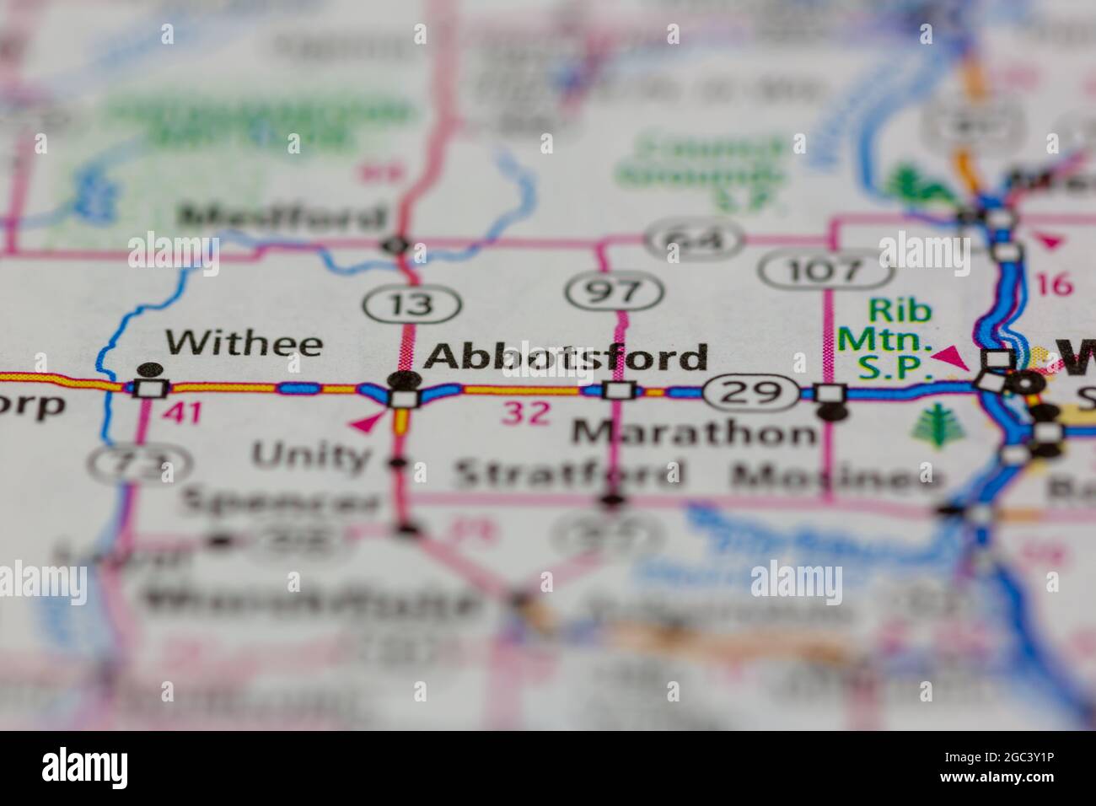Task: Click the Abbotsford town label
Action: point(565,357)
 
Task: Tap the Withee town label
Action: point(244,343)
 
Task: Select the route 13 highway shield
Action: point(412,304)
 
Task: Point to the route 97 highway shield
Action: point(615,292)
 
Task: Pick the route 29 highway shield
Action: point(751,392)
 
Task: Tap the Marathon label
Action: point(694,433)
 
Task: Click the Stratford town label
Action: point(568,474)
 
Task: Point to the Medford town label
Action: point(282,218)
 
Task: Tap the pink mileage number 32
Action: point(527,412)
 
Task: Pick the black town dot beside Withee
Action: point(150,369)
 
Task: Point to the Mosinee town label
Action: point(836,478)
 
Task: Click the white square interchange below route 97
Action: point(619,390)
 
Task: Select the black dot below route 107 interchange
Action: point(833,412)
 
